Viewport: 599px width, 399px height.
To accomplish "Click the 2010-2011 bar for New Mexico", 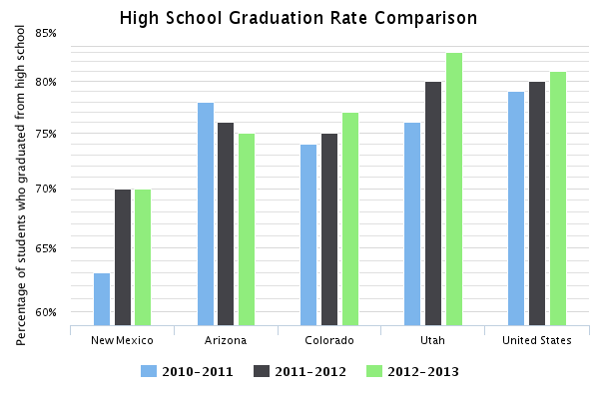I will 102,299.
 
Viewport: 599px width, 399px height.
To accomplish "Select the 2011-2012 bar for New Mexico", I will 123,257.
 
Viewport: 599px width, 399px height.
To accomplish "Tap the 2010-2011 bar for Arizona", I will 206,214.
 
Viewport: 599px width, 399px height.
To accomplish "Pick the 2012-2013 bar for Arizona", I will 247,229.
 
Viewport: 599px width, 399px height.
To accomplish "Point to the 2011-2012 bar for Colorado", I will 329,229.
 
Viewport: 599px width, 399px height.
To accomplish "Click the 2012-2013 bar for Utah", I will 454,190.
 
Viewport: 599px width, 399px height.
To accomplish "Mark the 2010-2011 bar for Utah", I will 412,224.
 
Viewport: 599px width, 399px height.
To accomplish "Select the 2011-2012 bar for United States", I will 537,203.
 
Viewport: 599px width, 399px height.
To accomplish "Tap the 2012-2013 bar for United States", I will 558,199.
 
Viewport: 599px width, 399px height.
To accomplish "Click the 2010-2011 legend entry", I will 188,371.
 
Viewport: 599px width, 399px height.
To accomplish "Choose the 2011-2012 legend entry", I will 300,371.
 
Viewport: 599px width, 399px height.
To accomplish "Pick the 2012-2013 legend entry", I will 413,371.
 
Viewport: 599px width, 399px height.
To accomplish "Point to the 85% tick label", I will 46,33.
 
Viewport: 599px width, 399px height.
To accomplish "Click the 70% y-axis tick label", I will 46,189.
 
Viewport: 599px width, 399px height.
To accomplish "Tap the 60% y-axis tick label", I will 46,312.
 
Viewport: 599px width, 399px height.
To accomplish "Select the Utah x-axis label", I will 432,340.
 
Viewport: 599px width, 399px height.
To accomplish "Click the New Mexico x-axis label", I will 122,340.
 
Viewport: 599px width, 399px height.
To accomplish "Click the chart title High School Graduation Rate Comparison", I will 299,18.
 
